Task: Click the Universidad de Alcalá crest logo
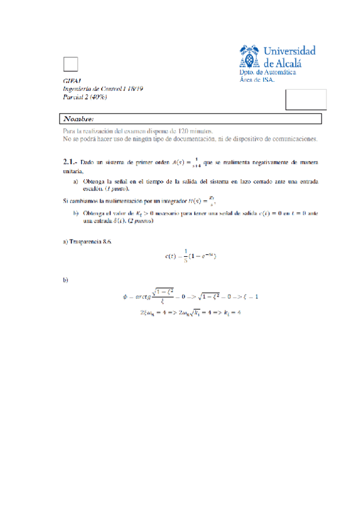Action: [x=250, y=57]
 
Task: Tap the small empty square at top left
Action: [x=71, y=64]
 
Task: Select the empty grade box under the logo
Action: [x=306, y=99]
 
